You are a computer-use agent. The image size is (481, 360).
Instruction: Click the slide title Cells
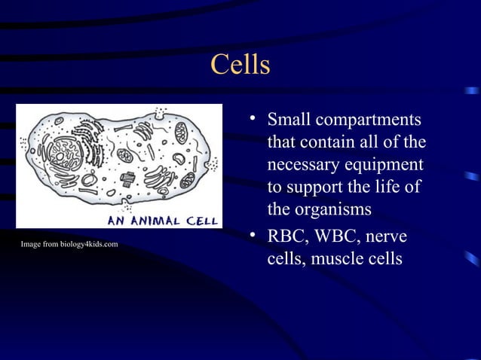click(240, 66)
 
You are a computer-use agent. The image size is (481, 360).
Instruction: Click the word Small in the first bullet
click(289, 121)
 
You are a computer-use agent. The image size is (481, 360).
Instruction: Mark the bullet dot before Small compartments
click(255, 118)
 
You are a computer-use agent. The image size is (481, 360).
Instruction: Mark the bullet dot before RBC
click(255, 236)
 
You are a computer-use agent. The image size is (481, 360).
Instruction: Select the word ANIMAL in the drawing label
click(158, 221)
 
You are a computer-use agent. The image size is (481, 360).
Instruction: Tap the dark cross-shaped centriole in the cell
click(127, 179)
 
